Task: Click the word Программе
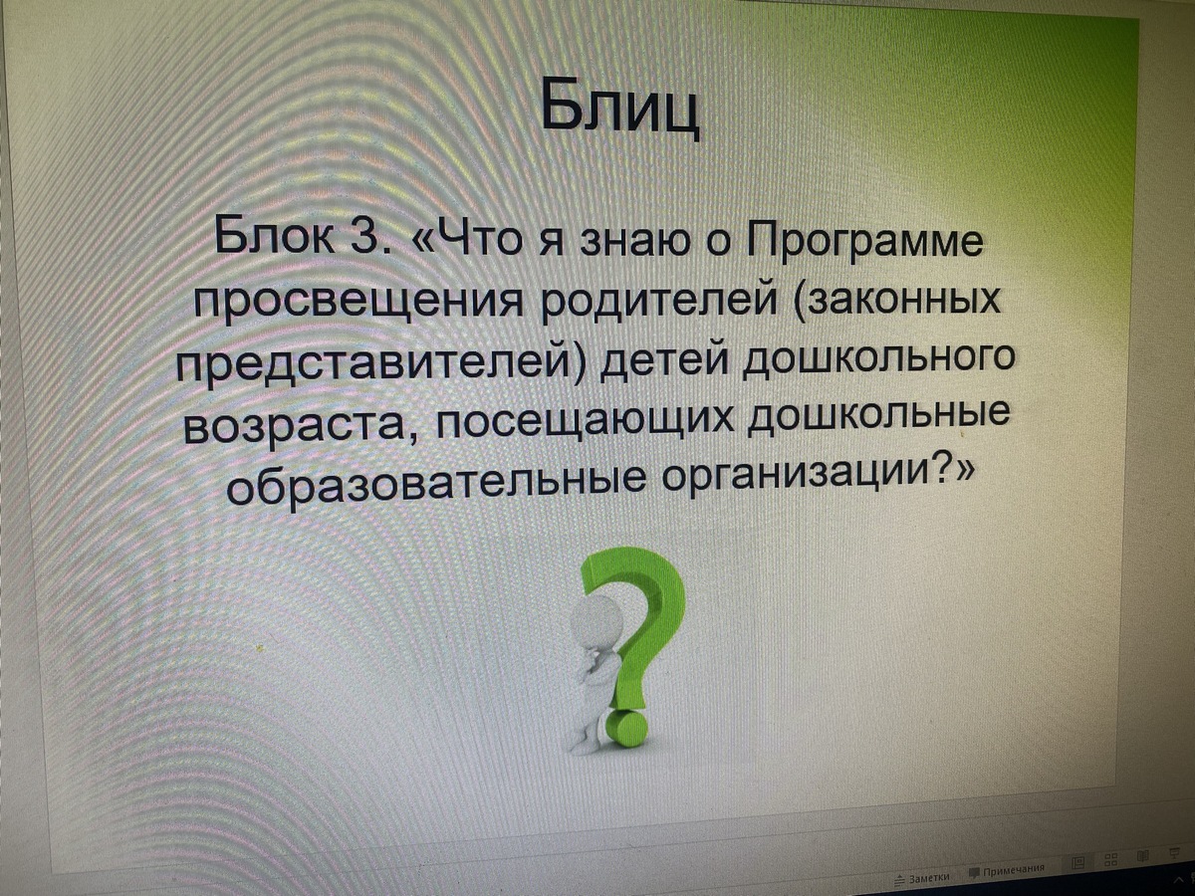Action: coord(865,238)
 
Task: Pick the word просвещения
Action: coord(360,303)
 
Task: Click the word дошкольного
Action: coord(878,358)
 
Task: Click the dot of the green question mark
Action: coord(627,729)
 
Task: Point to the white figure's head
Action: coord(595,623)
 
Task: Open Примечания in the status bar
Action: coord(1007,872)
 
